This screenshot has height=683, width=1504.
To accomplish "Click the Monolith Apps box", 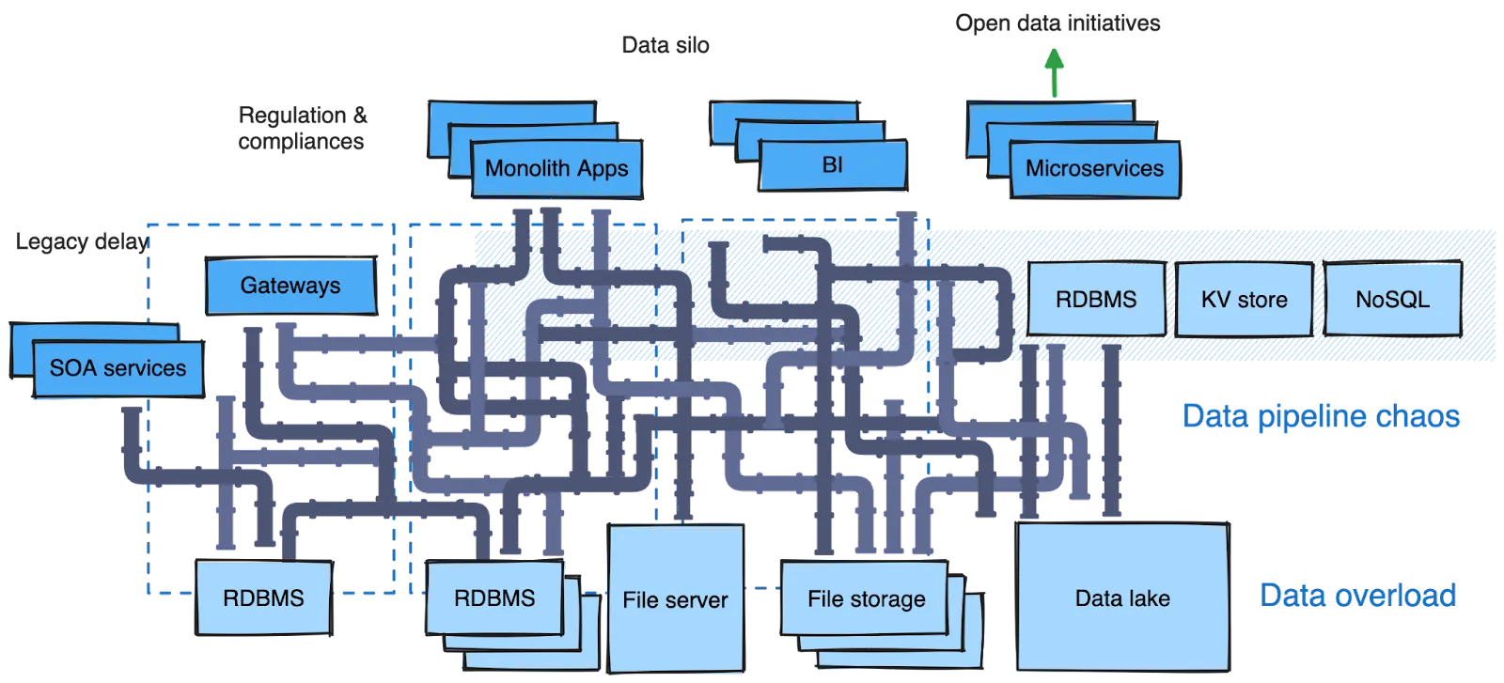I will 556,169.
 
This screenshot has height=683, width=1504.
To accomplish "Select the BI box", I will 832,165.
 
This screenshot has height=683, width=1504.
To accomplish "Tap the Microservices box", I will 1093,169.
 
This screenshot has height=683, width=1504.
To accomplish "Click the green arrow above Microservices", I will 1055,73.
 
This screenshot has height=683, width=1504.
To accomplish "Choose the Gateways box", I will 290,286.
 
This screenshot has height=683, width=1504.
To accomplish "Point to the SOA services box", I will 117,368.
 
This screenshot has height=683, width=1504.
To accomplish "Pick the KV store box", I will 1244,300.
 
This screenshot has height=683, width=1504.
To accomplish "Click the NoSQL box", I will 1392,300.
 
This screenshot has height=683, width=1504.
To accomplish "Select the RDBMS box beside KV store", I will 1095,300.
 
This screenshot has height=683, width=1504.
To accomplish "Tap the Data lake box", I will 1122,598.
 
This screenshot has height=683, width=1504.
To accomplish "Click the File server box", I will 675,599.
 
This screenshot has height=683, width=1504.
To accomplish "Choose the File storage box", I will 866,598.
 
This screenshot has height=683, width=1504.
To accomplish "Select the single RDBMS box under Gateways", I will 263,598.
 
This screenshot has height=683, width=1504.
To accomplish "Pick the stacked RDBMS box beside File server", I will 494,598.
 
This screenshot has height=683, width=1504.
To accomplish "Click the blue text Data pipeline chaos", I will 1321,415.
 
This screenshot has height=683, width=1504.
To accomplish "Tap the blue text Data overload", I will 1357,595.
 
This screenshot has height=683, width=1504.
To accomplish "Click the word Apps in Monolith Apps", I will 603,170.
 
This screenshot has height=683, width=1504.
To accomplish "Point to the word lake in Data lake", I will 1149,598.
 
